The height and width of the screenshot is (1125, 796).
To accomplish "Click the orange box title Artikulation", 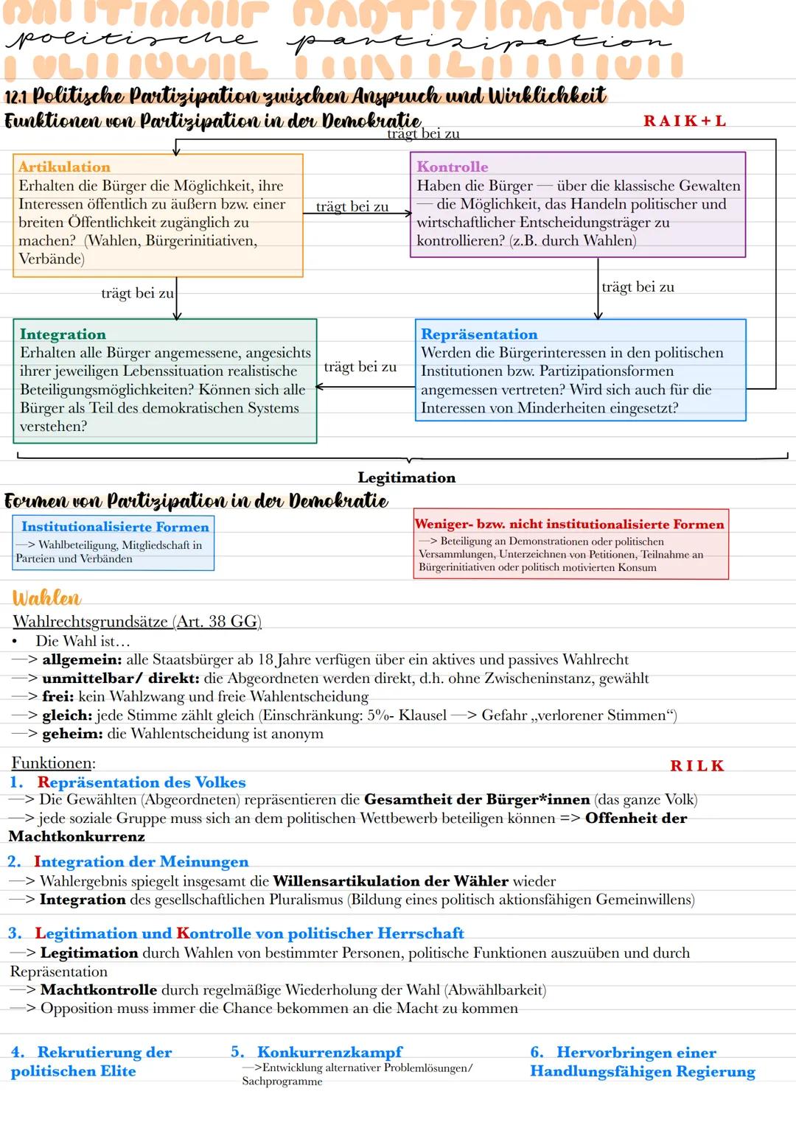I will click(64, 167).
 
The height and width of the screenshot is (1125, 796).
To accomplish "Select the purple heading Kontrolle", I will click(453, 167).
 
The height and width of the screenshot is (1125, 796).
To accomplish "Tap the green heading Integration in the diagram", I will click(63, 334).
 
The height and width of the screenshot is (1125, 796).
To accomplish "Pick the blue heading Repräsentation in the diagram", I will click(479, 334).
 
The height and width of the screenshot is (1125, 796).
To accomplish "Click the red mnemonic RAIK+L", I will click(685, 122).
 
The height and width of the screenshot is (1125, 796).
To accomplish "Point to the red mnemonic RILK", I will click(697, 766).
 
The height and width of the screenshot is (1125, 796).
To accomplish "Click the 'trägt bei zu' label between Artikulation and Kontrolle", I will click(352, 207).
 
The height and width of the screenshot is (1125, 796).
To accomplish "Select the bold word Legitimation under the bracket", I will click(406, 478).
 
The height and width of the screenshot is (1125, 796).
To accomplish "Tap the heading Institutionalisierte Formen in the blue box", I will click(115, 527).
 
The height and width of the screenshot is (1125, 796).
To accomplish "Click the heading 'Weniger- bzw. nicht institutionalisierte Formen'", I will click(570, 525).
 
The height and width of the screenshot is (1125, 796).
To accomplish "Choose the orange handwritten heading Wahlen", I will click(46, 597).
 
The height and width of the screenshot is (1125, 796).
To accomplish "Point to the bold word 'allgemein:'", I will click(81, 660).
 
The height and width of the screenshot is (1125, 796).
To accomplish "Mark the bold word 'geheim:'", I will click(72, 734).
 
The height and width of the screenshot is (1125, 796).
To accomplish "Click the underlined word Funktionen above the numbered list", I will click(53, 763).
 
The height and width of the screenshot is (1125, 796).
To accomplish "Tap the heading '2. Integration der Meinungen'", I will click(128, 862).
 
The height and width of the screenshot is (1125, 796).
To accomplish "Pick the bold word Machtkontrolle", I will click(99, 990).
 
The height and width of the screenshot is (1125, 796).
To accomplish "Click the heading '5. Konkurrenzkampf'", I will click(318, 1053).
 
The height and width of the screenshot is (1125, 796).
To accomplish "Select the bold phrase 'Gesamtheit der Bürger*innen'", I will click(477, 800).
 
